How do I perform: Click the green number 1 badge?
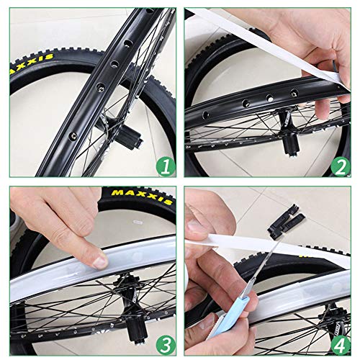tap(166, 167)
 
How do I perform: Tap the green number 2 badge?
tap(341, 167)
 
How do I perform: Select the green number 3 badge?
tap(166, 341)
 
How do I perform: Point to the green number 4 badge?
tap(341, 341)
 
